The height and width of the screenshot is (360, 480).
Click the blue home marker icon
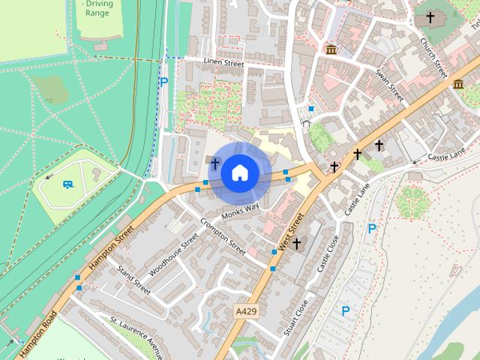pyautogui.click(x=239, y=172)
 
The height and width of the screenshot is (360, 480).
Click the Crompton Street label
pyautogui.click(x=223, y=235)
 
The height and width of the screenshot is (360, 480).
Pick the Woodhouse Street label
pyautogui.click(x=174, y=253)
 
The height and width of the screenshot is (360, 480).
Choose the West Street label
pyautogui.click(x=290, y=231)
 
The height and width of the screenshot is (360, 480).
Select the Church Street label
pyautogui.click(x=433, y=58)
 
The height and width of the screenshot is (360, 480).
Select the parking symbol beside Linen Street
pyautogui.click(x=163, y=82)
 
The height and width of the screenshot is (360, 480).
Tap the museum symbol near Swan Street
pyautogui.click(x=331, y=49)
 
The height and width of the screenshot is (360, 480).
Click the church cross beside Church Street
pyautogui.click(x=430, y=16)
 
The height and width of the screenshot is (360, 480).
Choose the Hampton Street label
pyautogui.click(x=111, y=248)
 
